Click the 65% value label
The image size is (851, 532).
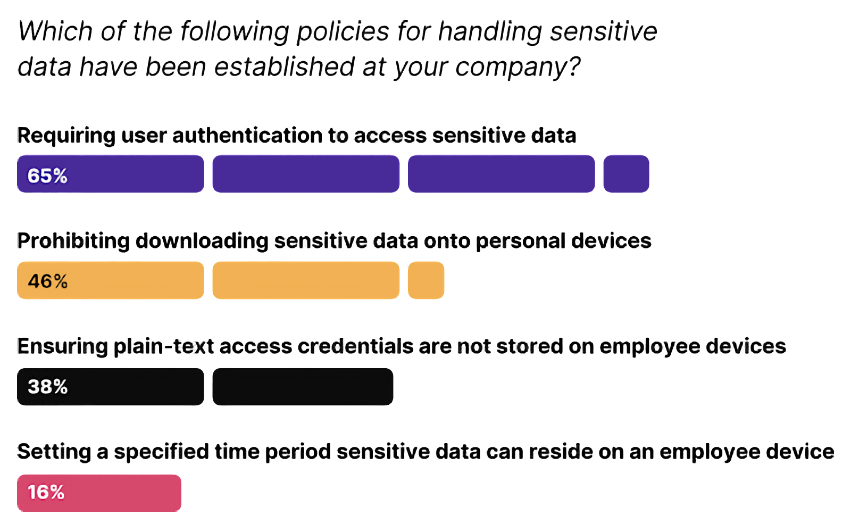[x=47, y=176]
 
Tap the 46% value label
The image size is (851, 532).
[x=48, y=281]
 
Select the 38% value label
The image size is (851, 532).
[x=48, y=387]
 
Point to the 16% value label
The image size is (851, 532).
[x=46, y=492]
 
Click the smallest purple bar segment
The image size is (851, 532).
[x=626, y=174]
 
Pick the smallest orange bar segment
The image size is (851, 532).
[x=426, y=280]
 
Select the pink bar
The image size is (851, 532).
[x=99, y=493]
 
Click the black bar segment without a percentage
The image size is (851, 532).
[x=303, y=387]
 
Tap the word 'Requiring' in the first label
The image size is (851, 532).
[x=66, y=136]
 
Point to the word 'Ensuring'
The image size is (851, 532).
[x=62, y=346]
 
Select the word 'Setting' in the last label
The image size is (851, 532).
[x=54, y=452]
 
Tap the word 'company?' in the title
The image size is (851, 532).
[x=518, y=68]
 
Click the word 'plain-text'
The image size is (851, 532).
[x=165, y=347]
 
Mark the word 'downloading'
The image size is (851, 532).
[x=202, y=242]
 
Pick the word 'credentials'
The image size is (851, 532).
[x=355, y=346]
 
